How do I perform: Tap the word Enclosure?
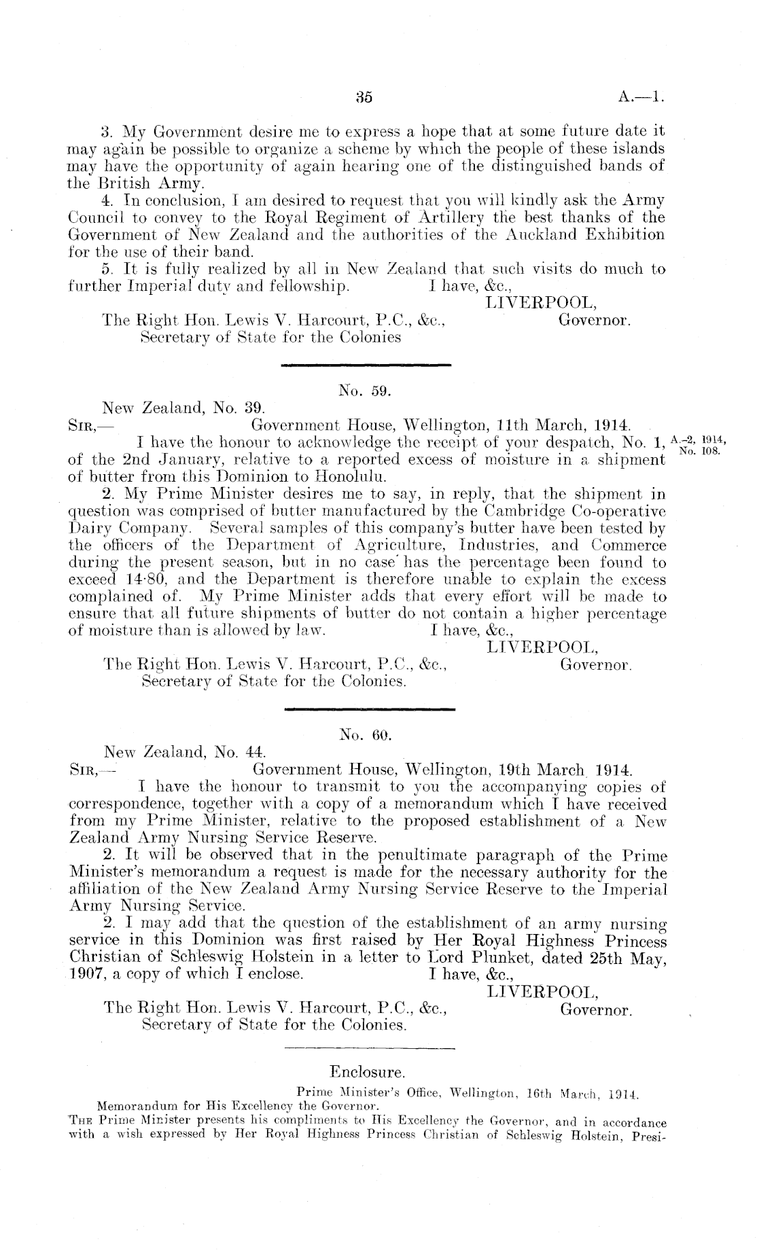point(367,1073)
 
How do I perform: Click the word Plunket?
point(462,958)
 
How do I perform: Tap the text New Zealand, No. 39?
point(183,409)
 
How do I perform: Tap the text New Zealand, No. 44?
point(183,753)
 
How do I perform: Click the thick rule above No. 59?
point(367,365)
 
